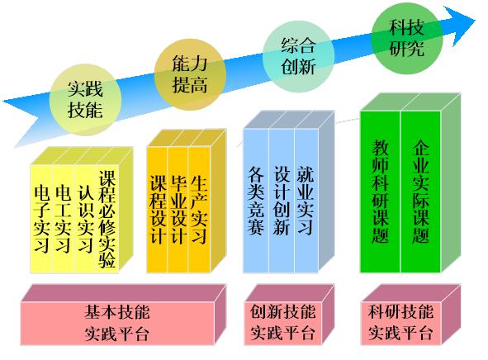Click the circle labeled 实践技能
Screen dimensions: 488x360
click(85, 100)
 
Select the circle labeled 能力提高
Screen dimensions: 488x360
click(190, 74)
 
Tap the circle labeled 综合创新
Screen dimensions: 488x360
click(298, 56)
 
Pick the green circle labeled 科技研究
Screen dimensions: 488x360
click(407, 38)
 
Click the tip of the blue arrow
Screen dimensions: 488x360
click(476, 21)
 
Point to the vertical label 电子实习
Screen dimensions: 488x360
click(42, 219)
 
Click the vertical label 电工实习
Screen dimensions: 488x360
click(63, 219)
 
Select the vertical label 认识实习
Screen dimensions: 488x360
click(86, 219)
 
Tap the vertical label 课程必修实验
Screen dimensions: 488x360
click(107, 219)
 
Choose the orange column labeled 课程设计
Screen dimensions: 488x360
click(158, 210)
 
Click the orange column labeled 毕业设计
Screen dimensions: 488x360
click(178, 210)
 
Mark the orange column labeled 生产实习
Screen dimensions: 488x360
click(200, 210)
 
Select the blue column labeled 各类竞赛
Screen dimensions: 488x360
click(256, 201)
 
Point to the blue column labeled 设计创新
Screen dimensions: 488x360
click(282, 201)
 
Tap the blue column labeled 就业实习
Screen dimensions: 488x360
click(306, 201)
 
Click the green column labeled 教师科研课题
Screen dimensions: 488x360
click(381, 192)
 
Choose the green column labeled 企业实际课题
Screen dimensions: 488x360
click(421, 192)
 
